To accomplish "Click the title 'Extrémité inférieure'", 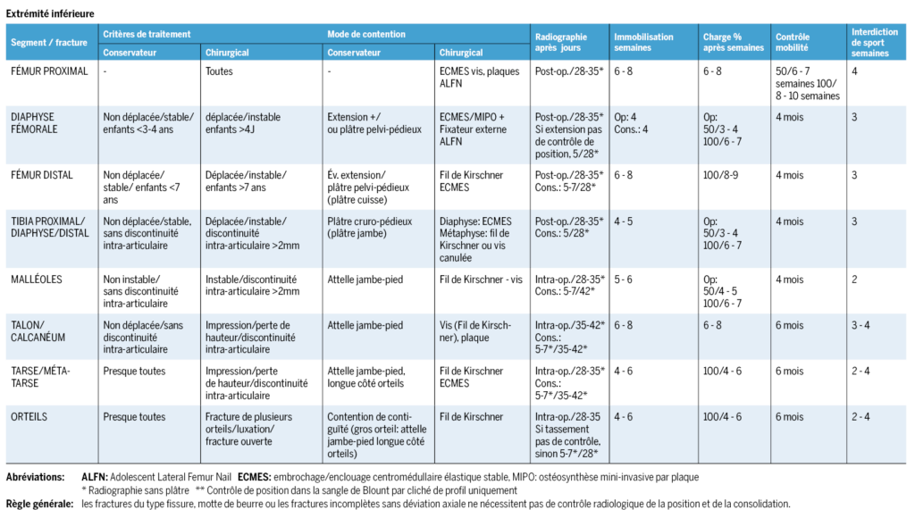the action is click(50, 13).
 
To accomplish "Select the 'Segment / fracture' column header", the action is click(49, 43).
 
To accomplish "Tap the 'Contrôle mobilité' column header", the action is click(793, 42).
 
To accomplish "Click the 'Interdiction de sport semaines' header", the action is click(874, 43).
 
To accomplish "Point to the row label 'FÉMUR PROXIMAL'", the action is click(50, 71).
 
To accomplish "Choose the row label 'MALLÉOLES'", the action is click(36, 280).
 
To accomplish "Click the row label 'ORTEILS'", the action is click(29, 417).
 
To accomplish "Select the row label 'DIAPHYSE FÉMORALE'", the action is click(34, 123).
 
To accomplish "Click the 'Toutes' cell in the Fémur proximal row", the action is click(219, 71).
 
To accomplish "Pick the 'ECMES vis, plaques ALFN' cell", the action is click(479, 78).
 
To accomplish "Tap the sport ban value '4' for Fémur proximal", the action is click(854, 71).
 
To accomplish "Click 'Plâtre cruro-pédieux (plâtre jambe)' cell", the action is click(369, 228).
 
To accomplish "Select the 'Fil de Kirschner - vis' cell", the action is click(481, 280).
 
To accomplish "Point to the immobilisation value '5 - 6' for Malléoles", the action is click(623, 280).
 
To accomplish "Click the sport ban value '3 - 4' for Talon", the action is click(860, 325).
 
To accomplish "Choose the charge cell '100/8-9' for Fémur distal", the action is click(721, 175).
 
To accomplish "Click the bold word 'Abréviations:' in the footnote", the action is click(36, 477).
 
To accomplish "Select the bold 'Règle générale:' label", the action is click(39, 504).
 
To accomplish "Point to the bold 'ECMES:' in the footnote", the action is click(255, 477).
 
